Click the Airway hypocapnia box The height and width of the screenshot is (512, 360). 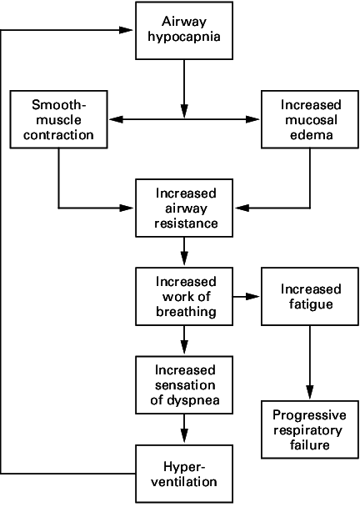point(184,31)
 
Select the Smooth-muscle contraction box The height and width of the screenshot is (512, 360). point(58,119)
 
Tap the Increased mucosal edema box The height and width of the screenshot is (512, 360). point(310,119)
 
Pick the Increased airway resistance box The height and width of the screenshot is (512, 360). point(184,208)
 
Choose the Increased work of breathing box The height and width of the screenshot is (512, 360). point(184,297)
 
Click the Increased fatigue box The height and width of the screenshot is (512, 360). point(310,297)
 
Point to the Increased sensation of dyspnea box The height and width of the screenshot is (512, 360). point(184,385)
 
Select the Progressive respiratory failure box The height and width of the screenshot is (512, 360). point(310,429)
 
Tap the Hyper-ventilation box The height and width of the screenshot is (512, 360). point(184,474)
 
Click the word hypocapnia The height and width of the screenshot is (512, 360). point(184,37)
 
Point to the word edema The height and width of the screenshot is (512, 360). point(312,135)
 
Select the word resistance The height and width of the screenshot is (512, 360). point(186,223)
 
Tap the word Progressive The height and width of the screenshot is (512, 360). point(309,415)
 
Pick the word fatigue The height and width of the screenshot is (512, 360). point(311,304)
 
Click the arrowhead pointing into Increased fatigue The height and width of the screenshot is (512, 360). point(252,297)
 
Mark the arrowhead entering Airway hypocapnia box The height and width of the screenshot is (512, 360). point(126,30)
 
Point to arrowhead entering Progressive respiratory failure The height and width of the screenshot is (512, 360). point(310,392)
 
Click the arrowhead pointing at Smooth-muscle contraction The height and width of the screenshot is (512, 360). point(116,119)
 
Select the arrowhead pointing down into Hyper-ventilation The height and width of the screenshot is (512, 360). point(184,436)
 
